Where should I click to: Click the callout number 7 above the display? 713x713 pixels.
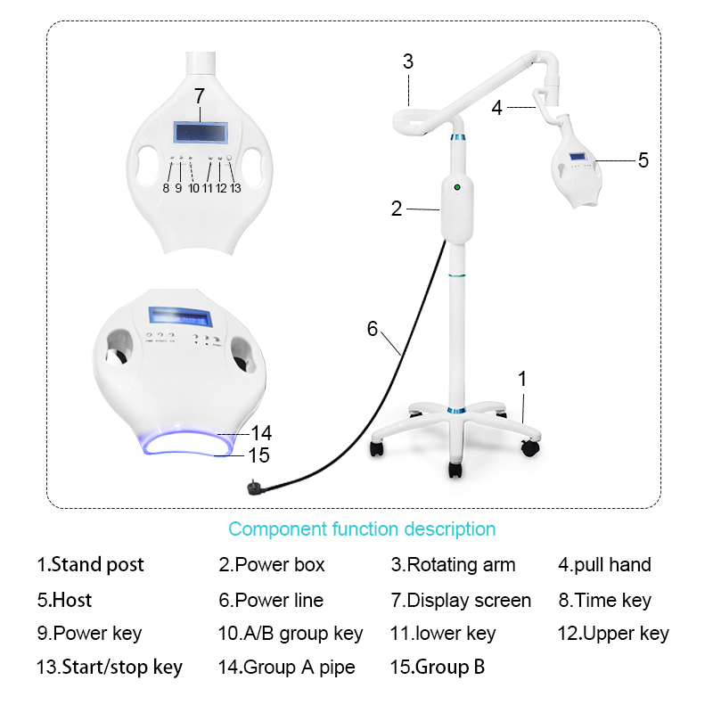pyautogui.click(x=200, y=95)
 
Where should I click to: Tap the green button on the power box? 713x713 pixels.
pyautogui.click(x=456, y=188)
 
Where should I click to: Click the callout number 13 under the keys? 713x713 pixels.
pyautogui.click(x=235, y=188)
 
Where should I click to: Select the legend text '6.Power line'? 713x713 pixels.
pyautogui.click(x=271, y=601)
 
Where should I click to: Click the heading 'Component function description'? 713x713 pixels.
pyautogui.click(x=362, y=529)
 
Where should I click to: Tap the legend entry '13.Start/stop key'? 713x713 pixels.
pyautogui.click(x=110, y=667)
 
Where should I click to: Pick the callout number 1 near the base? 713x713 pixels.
pyautogui.click(x=522, y=378)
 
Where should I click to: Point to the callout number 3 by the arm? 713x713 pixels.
pyautogui.click(x=408, y=61)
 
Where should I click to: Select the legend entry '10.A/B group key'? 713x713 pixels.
pyautogui.click(x=291, y=634)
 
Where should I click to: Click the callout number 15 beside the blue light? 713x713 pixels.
pyautogui.click(x=258, y=455)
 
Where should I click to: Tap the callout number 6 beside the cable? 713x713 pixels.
pyautogui.click(x=373, y=328)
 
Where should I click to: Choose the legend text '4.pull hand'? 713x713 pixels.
pyautogui.click(x=604, y=565)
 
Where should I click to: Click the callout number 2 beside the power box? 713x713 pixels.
pyautogui.click(x=397, y=209)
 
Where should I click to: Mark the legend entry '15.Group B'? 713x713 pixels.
pyautogui.click(x=438, y=667)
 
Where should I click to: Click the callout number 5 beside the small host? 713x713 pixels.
pyautogui.click(x=643, y=160)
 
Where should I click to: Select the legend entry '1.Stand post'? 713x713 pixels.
pyautogui.click(x=90, y=565)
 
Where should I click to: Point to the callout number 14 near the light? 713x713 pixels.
pyautogui.click(x=261, y=433)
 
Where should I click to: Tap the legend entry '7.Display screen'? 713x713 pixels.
pyautogui.click(x=461, y=601)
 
